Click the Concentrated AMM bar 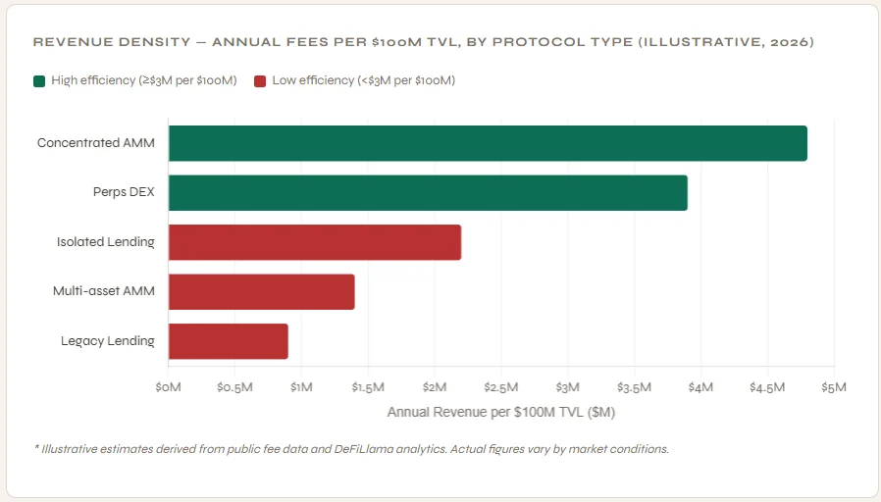(x=488, y=143)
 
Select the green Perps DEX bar (x=428, y=192)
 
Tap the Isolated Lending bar (x=315, y=242)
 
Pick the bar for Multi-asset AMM (x=262, y=292)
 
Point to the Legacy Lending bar (x=229, y=341)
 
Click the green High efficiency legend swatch (x=39, y=80)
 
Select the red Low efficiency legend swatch (x=260, y=80)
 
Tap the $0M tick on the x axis (x=168, y=387)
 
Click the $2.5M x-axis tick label (x=501, y=387)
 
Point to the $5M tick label (x=834, y=387)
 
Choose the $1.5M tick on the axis (x=368, y=387)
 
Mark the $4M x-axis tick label (x=700, y=387)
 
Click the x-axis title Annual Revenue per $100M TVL (x=500, y=412)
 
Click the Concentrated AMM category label (x=96, y=143)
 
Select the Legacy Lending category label (x=108, y=341)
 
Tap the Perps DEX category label (x=124, y=192)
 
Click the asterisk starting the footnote (x=36, y=448)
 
